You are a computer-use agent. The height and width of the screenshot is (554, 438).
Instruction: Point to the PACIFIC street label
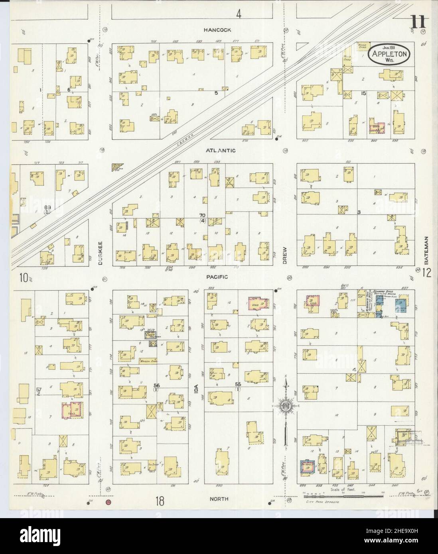click(x=217, y=277)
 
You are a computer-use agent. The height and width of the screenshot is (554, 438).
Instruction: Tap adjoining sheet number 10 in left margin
click(x=25, y=277)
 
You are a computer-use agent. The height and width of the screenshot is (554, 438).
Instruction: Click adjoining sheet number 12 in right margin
click(x=427, y=273)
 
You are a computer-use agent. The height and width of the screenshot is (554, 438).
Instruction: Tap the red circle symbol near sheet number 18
click(x=108, y=502)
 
